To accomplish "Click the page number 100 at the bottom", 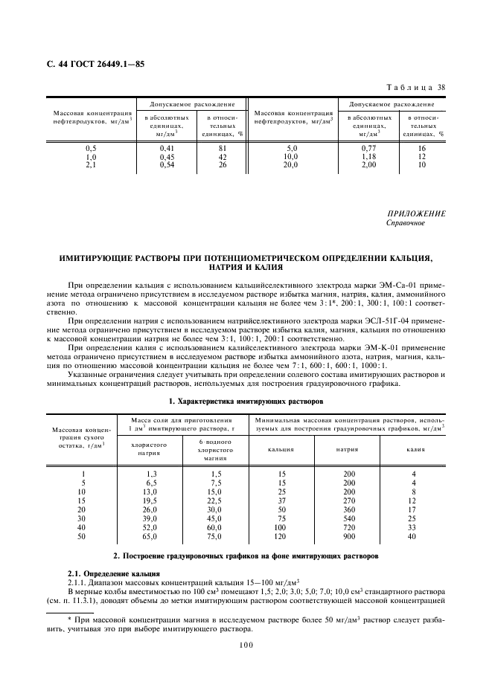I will (x=246, y=645).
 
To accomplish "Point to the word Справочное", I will (x=406, y=223).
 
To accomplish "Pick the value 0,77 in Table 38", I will (x=369, y=149).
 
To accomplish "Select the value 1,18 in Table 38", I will (x=369, y=157).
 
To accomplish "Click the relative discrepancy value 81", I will (x=221, y=149).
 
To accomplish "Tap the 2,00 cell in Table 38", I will (x=369, y=165).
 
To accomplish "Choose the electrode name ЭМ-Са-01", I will (x=397, y=285).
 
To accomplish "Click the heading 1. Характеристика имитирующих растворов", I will (x=246, y=401).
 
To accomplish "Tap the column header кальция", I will (x=282, y=449).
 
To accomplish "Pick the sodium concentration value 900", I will (x=348, y=535).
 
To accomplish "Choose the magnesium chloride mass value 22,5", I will (x=214, y=500).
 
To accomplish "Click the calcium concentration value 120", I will (x=282, y=535).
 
